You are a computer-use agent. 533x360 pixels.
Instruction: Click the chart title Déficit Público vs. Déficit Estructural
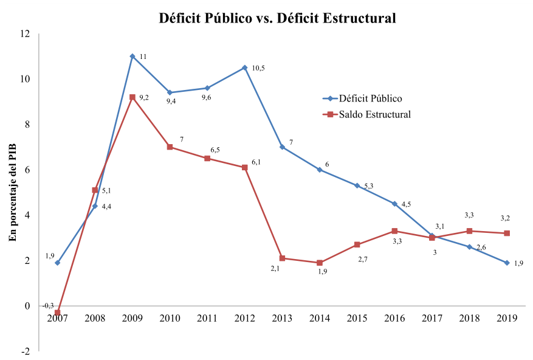[277, 18]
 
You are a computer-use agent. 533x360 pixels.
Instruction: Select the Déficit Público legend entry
[370, 99]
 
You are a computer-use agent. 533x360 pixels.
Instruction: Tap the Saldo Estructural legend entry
[375, 114]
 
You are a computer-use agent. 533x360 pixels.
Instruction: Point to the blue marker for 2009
[132, 56]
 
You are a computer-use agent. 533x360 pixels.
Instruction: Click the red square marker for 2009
[132, 97]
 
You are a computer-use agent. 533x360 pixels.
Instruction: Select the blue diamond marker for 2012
[244, 67]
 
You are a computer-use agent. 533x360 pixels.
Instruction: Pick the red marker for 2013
[282, 258]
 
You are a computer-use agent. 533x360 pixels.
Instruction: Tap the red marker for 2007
[57, 313]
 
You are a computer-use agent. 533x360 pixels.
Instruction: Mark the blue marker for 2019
[507, 263]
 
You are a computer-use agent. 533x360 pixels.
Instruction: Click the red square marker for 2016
[394, 231]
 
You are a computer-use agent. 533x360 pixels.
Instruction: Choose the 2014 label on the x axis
[319, 319]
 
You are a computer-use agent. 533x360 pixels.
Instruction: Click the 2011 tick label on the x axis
[207, 319]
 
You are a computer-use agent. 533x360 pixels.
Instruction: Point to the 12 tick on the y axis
[25, 33]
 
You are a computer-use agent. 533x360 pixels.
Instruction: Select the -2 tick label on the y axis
[25, 351]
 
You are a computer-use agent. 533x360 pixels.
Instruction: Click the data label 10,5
[258, 68]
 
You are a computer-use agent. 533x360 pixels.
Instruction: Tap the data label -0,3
[47, 305]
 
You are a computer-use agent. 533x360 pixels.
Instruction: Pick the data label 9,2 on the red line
[145, 97]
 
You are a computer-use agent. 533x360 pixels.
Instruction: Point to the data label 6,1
[256, 162]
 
